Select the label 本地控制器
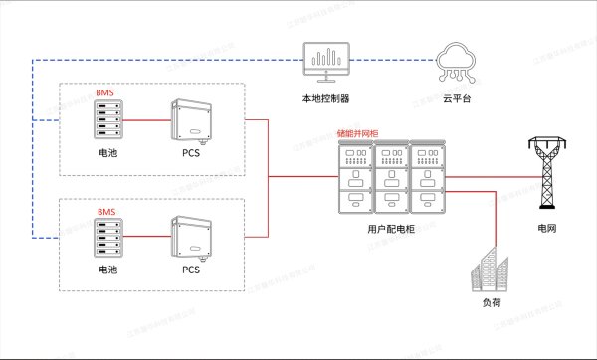(324, 99)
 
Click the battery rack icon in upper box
(106, 123)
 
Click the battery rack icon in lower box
(106, 242)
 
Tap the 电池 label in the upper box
(106, 153)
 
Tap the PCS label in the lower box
(190, 270)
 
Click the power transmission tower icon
(543, 174)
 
